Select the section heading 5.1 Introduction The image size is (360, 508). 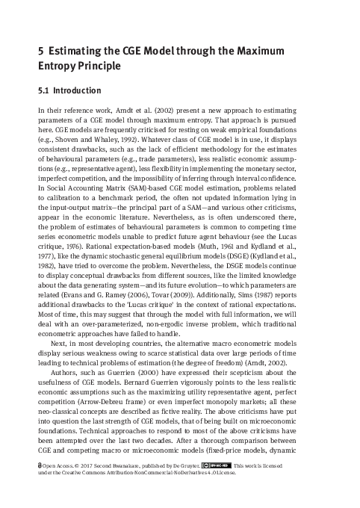pos(69,92)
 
